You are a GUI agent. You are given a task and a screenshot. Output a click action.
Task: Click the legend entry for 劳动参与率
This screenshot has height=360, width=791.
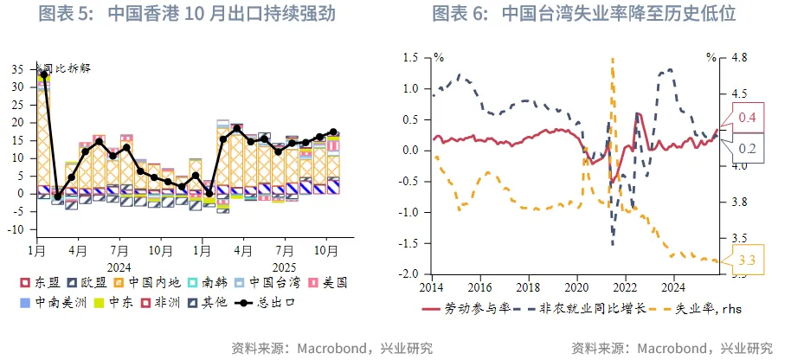point(462,308)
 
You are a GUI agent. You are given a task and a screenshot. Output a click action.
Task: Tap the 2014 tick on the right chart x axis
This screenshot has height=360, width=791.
point(432,286)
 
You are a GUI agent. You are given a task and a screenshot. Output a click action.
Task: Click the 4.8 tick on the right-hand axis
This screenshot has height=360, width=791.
point(738,57)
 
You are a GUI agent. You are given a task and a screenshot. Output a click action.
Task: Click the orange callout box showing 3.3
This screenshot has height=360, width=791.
point(749,260)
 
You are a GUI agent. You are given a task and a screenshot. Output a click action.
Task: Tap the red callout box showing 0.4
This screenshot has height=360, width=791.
point(747,117)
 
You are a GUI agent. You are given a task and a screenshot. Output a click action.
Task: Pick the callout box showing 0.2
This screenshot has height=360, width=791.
point(747,150)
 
